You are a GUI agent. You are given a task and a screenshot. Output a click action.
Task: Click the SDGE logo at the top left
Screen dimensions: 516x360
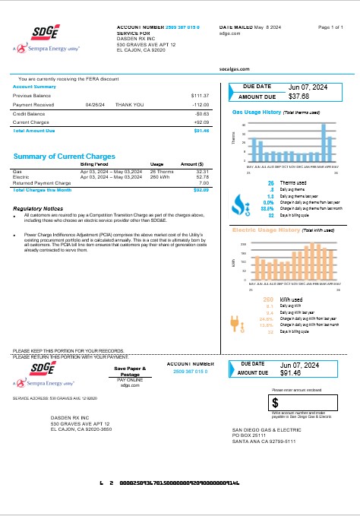[x=46, y=32]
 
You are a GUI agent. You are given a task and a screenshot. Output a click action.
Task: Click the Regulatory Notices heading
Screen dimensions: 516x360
[x=38, y=208]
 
